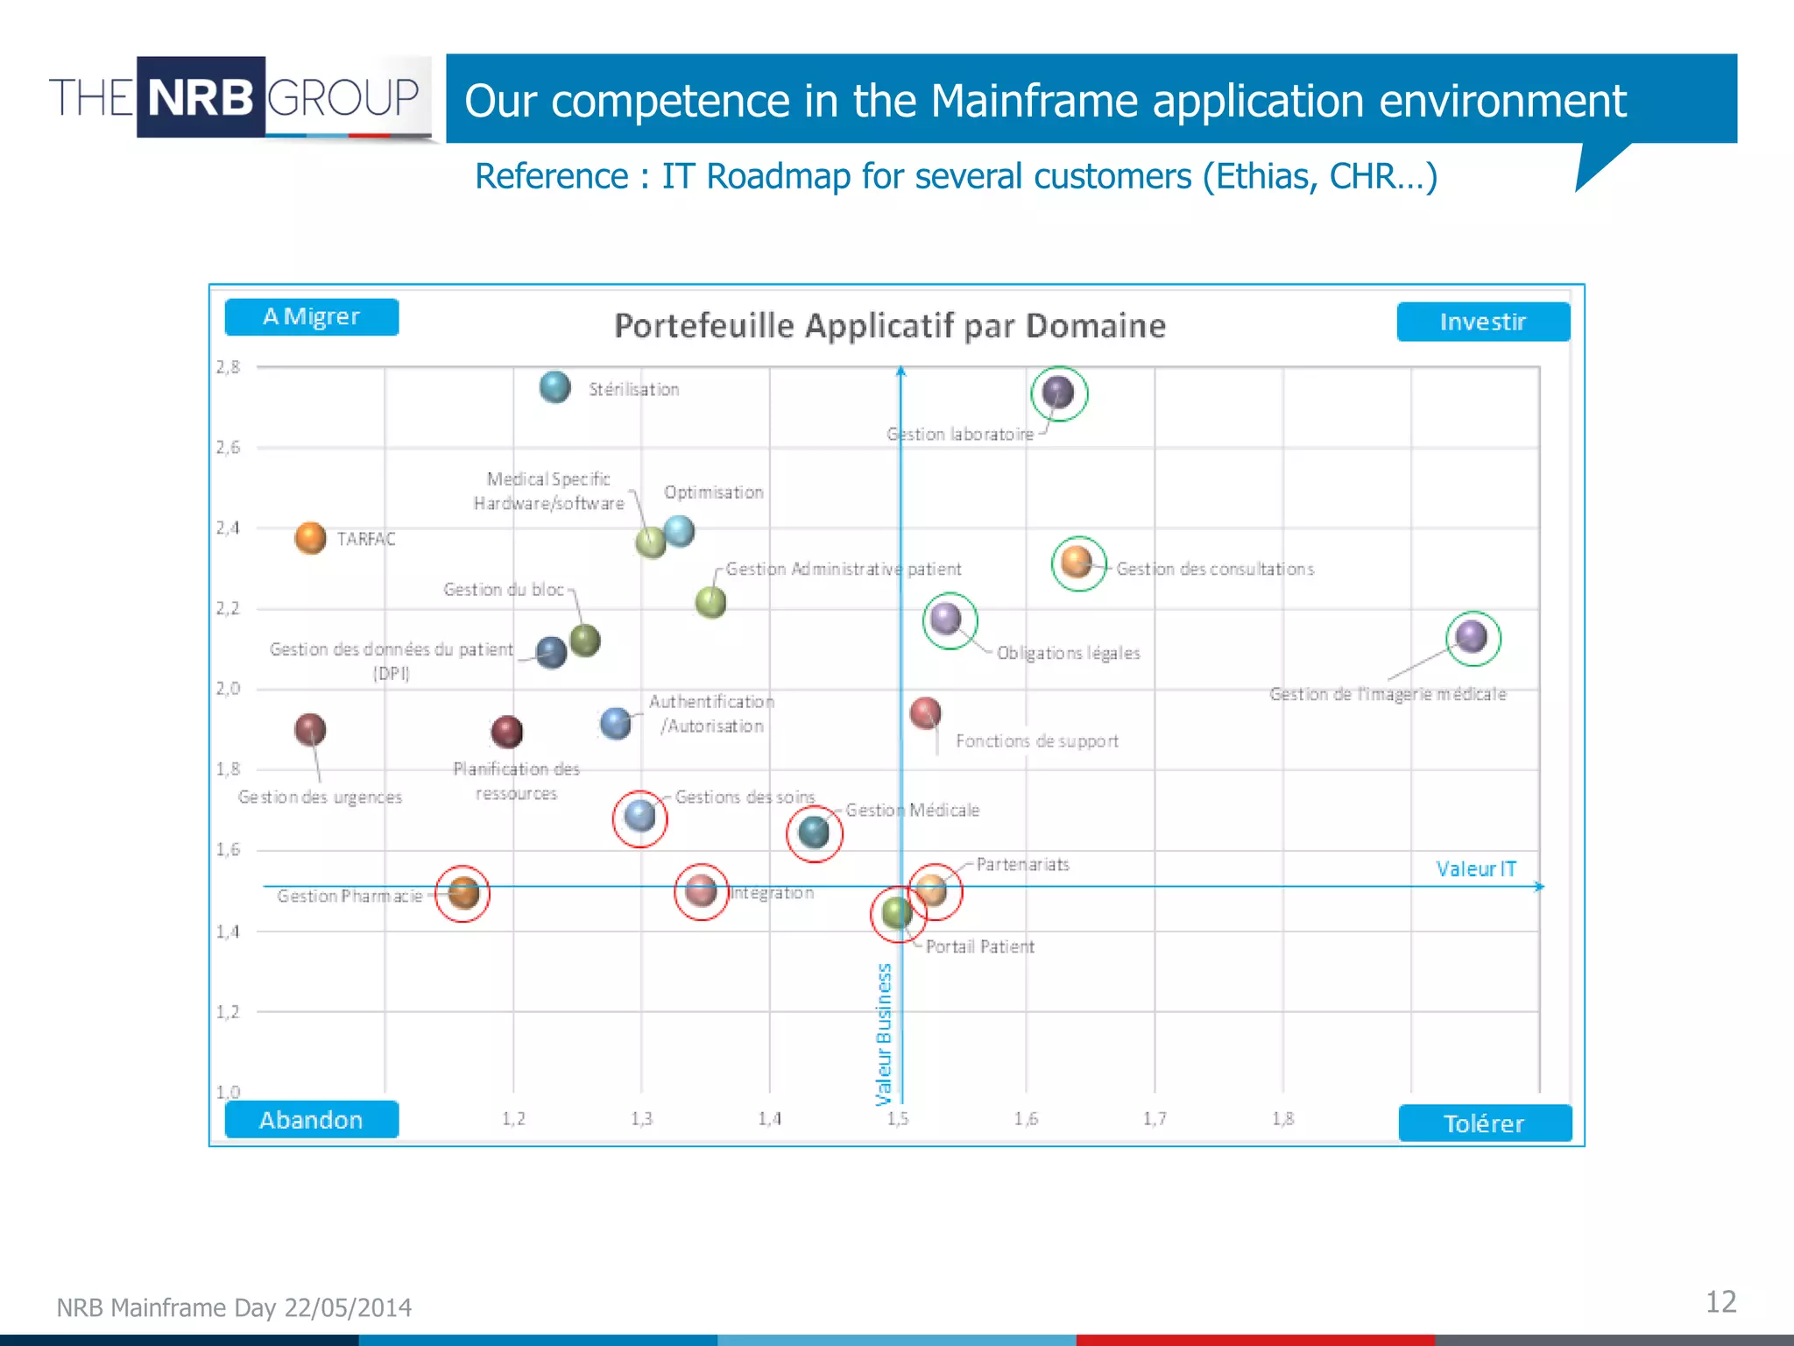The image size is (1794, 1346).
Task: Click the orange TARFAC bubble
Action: (x=310, y=537)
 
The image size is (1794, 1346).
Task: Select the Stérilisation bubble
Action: (x=554, y=386)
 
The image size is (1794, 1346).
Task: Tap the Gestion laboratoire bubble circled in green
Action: (x=1058, y=393)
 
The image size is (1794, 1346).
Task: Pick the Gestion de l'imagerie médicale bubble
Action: (x=1472, y=636)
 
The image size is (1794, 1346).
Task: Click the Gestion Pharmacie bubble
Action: (x=463, y=893)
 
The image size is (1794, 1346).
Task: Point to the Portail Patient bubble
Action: (x=897, y=912)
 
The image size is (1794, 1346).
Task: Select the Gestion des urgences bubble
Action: (x=310, y=729)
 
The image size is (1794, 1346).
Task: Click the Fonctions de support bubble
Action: (x=925, y=712)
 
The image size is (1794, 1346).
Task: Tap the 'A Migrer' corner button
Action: (x=311, y=316)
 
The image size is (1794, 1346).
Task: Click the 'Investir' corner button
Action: (x=1482, y=322)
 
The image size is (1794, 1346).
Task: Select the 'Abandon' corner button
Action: (x=311, y=1120)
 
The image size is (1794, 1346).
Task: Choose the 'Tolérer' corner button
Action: (x=1484, y=1123)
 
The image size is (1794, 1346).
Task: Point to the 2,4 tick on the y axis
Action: (x=228, y=528)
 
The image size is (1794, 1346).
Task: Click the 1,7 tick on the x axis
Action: (x=1155, y=1118)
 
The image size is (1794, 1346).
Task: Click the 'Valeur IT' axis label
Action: (x=1476, y=868)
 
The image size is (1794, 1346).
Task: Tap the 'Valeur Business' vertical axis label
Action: (x=884, y=1034)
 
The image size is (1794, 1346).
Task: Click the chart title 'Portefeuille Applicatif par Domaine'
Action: (x=889, y=326)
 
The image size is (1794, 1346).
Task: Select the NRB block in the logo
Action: (x=201, y=96)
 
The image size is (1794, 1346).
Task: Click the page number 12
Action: (x=1720, y=1302)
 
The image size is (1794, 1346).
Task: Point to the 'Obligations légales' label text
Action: (x=1068, y=653)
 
